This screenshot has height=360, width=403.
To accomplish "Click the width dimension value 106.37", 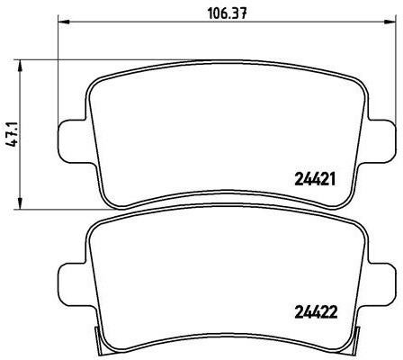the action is pos(228,13).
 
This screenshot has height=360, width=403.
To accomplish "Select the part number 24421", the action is pos(315,179).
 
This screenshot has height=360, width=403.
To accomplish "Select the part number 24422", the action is pos(316,312).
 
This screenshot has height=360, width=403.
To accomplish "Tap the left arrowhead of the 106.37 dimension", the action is pos(63,22).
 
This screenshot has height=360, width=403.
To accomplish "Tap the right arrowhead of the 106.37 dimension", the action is pos(390,22).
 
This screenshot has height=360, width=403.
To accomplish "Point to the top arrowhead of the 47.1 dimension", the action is pos(20,66).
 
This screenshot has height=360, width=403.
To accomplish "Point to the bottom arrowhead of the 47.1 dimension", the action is pos(20,202).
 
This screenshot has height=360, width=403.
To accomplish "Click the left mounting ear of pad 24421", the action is pos(75,141).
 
